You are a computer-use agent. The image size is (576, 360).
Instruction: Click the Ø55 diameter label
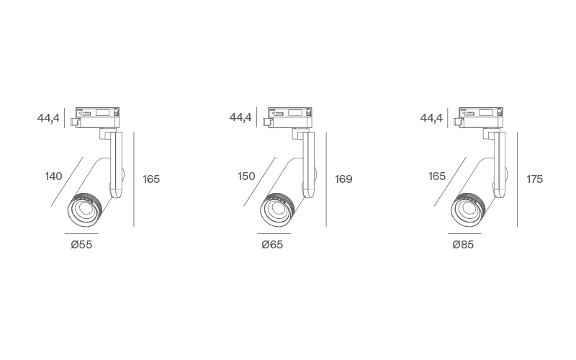(x=81, y=244)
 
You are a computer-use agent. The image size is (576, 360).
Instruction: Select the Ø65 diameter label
(x=272, y=244)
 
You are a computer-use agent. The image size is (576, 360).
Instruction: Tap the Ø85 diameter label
(x=463, y=244)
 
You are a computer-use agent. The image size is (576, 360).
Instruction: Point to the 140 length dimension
(x=53, y=176)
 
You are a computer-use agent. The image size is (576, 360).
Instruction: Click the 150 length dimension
(x=246, y=176)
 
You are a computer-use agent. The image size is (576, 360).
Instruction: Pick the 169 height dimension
(x=343, y=179)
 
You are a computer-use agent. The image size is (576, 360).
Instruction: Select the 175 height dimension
(x=534, y=179)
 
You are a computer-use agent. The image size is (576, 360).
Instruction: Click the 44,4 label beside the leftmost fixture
(x=48, y=118)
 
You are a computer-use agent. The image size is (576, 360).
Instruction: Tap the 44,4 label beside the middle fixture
(x=240, y=117)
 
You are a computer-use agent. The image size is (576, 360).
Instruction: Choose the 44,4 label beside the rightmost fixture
(x=431, y=118)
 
